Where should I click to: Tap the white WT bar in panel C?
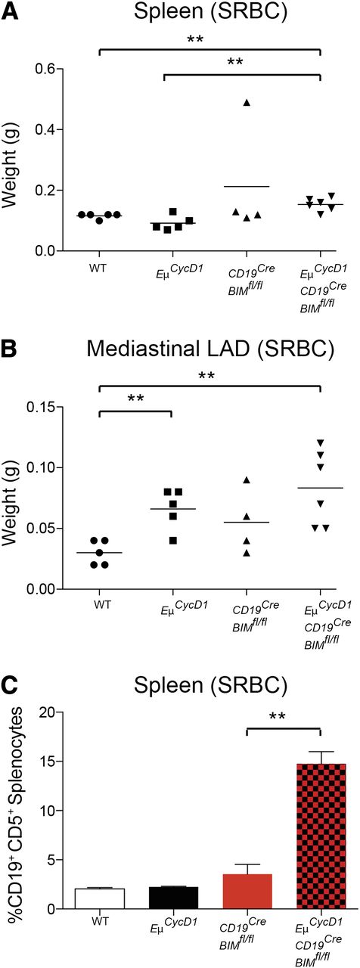[99, 898]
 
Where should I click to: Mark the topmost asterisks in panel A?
[209, 36]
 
